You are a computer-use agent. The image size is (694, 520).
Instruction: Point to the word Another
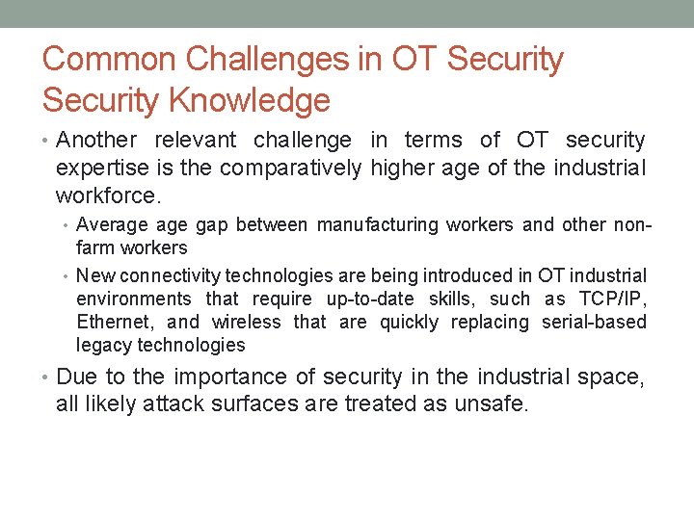pyautogui.click(x=97, y=141)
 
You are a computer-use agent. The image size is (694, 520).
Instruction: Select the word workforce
pyautogui.click(x=106, y=195)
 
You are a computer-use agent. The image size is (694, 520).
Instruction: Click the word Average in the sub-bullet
pyautogui.click(x=112, y=225)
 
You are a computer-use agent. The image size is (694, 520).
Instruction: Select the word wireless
pyautogui.click(x=246, y=322)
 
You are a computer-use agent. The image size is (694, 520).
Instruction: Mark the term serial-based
pyautogui.click(x=594, y=322)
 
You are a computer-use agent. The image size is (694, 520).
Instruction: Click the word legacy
pyautogui.click(x=104, y=345)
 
